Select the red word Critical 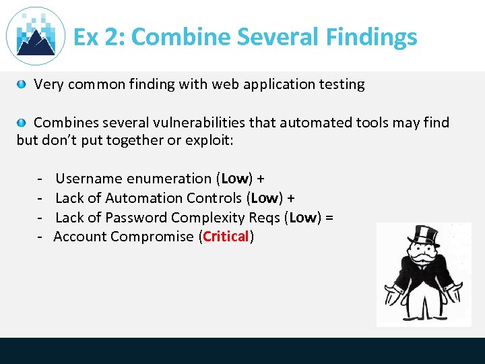(x=226, y=237)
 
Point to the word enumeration (x=170, y=179)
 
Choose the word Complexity (x=205, y=218)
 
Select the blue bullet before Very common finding (x=22, y=84)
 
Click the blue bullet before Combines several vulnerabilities (x=22, y=123)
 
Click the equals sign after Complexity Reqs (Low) (x=329, y=218)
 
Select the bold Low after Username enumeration (x=235, y=179)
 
